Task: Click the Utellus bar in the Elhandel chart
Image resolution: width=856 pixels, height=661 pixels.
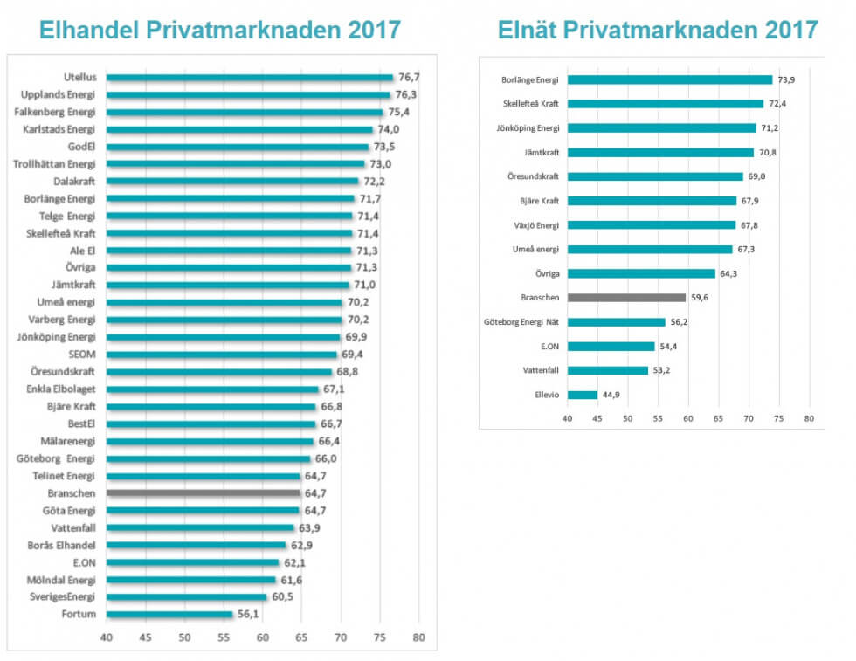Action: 249,78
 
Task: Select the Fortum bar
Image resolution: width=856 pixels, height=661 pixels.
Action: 169,615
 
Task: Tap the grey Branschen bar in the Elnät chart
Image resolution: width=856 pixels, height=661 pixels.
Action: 626,298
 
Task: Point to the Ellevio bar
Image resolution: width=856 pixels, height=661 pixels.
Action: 583,395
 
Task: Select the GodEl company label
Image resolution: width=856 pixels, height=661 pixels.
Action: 81,147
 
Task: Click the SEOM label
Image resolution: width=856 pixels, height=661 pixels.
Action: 81,355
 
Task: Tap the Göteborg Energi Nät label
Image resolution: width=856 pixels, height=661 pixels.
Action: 521,322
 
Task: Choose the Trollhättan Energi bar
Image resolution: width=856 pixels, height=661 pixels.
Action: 235,164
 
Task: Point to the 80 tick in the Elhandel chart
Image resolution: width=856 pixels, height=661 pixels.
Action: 419,636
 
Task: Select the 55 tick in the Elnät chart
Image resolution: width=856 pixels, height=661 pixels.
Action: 658,418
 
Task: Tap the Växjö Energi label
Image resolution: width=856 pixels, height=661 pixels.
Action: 535,225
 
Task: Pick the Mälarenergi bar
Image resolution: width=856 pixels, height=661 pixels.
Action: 210,441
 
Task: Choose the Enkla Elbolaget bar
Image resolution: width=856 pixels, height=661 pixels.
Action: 212,389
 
